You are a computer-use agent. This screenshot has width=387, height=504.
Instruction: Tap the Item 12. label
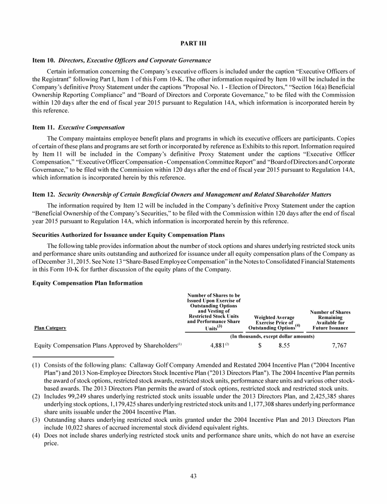44,194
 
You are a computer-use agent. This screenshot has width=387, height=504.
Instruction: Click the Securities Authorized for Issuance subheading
128,235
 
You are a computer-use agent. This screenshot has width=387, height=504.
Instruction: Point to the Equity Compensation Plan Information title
88,283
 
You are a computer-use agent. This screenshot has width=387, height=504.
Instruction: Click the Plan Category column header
50,328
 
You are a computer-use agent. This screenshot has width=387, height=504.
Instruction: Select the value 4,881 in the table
218,346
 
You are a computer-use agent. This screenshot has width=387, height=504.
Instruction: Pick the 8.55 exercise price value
284,346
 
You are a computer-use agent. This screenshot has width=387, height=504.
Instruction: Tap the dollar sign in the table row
260,346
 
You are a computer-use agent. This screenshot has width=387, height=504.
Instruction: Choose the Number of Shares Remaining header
330,320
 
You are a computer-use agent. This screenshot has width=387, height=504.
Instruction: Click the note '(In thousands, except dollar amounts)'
273,336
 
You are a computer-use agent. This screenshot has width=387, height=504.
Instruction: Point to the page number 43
193,477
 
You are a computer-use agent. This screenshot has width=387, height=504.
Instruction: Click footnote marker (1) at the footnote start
37,364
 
